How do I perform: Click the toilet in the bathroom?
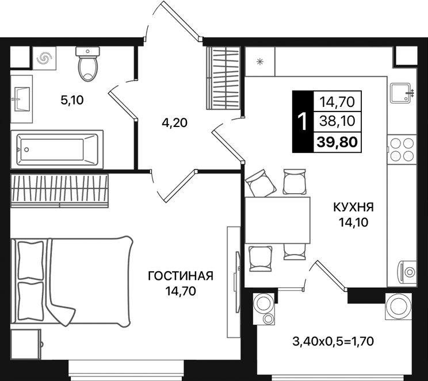tap(87, 64)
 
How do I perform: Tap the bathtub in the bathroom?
tap(57, 149)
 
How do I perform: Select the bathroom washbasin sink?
tap(21, 99)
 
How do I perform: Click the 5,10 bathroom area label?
tap(72, 101)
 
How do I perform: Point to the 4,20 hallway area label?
tap(174, 123)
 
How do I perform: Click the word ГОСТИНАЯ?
tap(181, 276)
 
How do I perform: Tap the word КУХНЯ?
tap(353, 207)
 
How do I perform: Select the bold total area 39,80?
tap(337, 142)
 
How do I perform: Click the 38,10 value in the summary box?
tap(337, 121)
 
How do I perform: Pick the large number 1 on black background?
tap(303, 121)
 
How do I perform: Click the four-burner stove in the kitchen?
tap(402, 149)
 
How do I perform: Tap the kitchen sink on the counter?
tap(400, 93)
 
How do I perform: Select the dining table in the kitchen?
tap(277, 220)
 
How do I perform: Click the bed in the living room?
tap(71, 281)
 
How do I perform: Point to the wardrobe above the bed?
tap(59, 191)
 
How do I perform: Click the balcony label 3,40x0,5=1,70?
tap(333, 341)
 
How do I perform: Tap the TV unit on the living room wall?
tap(234, 282)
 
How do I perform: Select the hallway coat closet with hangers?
tap(223, 78)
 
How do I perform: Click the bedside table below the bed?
tap(26, 344)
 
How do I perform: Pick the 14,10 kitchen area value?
tap(353, 222)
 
